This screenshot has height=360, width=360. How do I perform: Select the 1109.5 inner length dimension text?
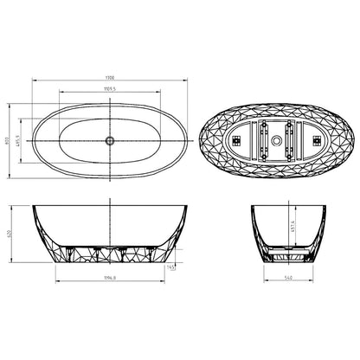click(110, 88)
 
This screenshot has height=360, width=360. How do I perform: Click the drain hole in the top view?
click(110, 138)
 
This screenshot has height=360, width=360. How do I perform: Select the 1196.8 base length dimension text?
click(110, 279)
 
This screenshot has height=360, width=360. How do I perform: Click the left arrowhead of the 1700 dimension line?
click(30, 81)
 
